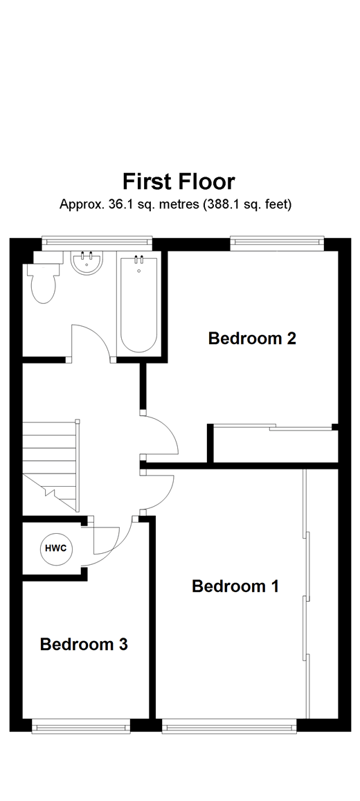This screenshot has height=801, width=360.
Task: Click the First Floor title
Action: point(179,182)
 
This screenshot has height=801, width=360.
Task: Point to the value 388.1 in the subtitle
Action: point(221,204)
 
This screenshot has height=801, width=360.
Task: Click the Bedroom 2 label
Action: point(252,339)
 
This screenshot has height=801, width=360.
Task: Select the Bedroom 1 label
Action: point(235,586)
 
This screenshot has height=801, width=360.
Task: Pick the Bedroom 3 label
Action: point(83,645)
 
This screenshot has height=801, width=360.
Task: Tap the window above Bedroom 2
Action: point(276,242)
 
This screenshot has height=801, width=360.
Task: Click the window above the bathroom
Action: point(96,242)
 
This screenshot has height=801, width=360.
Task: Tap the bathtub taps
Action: point(139,261)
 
